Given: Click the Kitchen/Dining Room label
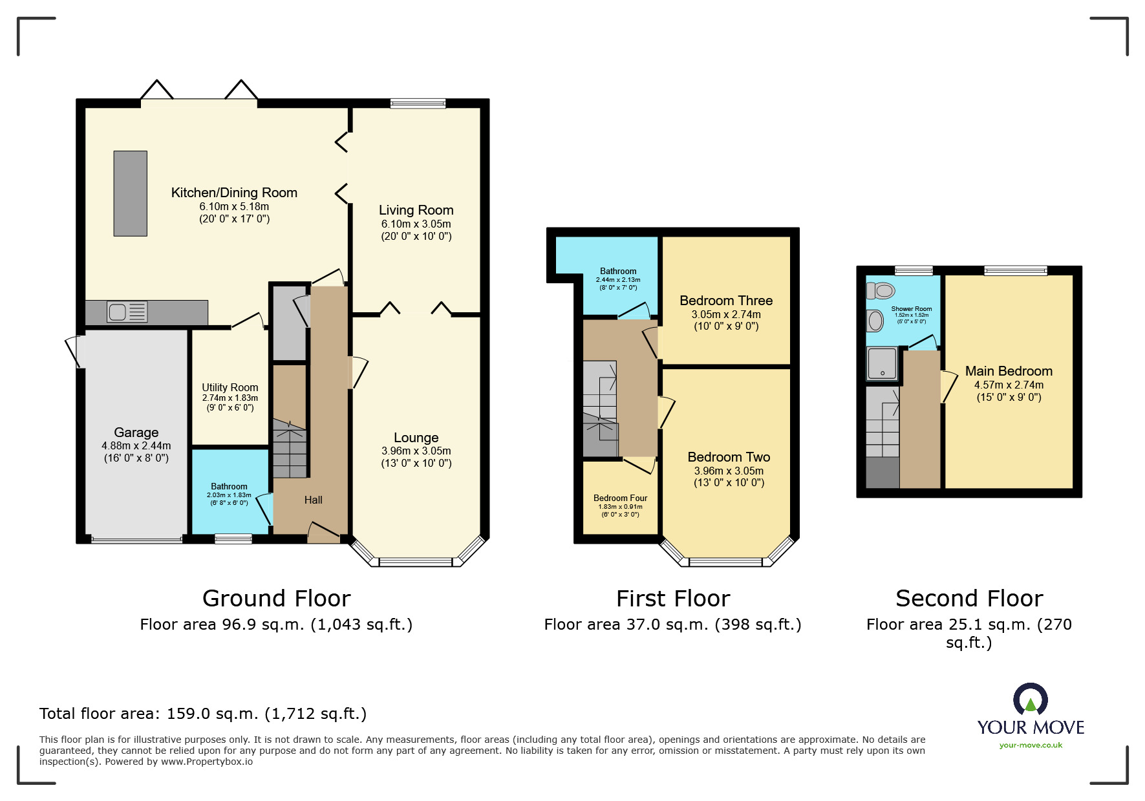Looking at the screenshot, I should (x=234, y=193).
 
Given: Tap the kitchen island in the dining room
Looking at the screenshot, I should (x=131, y=193).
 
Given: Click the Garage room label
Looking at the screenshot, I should (x=136, y=433).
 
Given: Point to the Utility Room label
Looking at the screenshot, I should (x=230, y=387).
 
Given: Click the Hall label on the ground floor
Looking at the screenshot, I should (x=313, y=500).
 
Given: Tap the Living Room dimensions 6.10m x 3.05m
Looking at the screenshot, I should (x=416, y=224).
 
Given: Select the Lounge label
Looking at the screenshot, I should (x=416, y=438).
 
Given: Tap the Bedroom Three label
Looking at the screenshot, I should (x=726, y=301).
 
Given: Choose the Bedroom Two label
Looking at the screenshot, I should (x=729, y=457).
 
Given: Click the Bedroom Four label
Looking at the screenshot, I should (x=620, y=498).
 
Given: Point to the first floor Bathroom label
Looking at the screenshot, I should (x=618, y=272).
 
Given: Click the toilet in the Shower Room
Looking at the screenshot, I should (x=881, y=291).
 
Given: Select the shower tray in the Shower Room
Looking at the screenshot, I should (x=882, y=363).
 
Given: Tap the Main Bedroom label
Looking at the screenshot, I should (x=1009, y=371).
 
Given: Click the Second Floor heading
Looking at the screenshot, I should (x=968, y=599).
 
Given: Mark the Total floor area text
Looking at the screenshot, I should (x=202, y=714).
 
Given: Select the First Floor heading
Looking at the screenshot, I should (x=672, y=599).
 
